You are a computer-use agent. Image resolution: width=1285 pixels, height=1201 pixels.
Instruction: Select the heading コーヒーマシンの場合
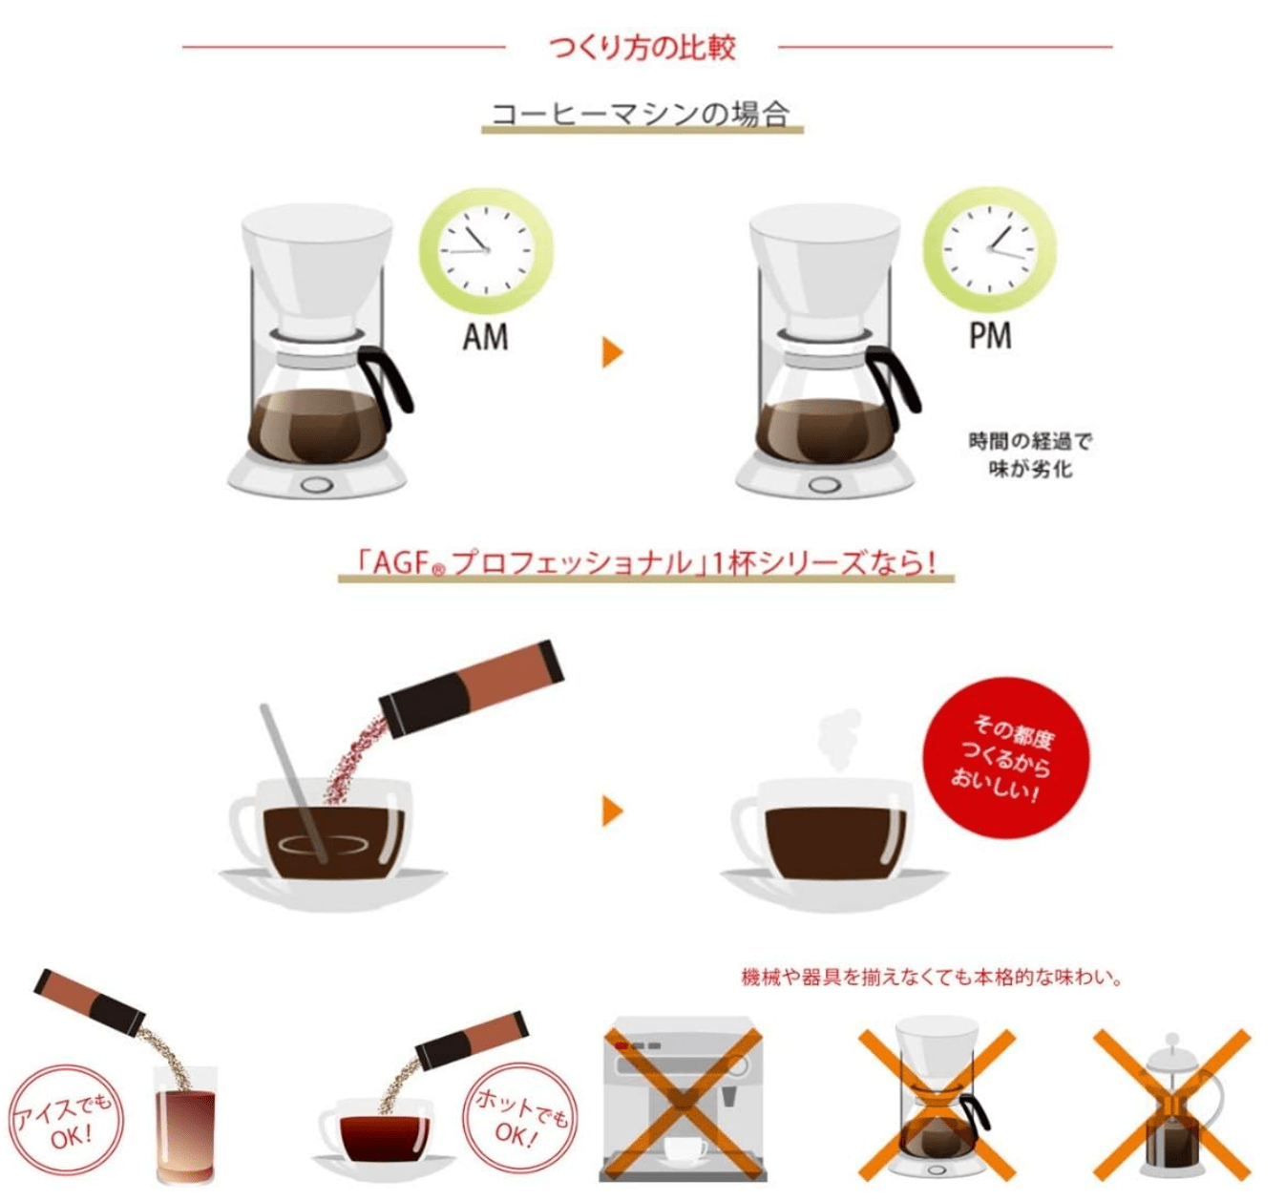pos(641,114)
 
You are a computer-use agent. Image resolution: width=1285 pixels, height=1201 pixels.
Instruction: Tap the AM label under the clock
pos(485,337)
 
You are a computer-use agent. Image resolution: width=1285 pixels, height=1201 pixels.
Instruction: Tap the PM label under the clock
pos(990,336)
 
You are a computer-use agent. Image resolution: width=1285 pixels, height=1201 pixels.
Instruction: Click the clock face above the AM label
pos(486,250)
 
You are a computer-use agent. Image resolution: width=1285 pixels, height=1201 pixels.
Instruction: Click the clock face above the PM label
pos(989,249)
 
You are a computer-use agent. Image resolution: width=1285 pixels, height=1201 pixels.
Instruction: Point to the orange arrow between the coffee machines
pos(612,352)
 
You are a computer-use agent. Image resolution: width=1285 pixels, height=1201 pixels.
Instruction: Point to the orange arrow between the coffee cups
pos(612,811)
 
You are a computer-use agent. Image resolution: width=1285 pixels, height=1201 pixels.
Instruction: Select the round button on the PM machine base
pos(823,485)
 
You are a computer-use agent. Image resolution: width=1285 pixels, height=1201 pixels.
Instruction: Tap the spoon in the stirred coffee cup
pos(294,784)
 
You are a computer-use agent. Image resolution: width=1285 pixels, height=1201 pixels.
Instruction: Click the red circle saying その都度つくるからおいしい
pos(1005,758)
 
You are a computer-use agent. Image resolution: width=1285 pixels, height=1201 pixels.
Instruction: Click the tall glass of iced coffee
pos(185,1125)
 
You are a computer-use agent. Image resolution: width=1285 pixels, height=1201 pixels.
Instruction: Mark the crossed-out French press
pos(1171,1106)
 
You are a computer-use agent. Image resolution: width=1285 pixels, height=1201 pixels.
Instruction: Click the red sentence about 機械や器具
pos(931,977)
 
